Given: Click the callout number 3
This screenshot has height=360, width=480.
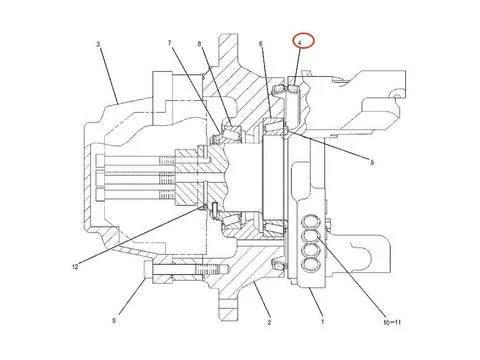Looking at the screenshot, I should (98, 45).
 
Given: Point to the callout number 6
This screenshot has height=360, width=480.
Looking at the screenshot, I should (261, 44).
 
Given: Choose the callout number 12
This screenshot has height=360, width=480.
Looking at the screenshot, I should (75, 265).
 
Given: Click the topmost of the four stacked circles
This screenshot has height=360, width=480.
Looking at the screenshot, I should (317, 223).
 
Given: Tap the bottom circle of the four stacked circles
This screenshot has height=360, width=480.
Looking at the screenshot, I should (317, 267).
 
